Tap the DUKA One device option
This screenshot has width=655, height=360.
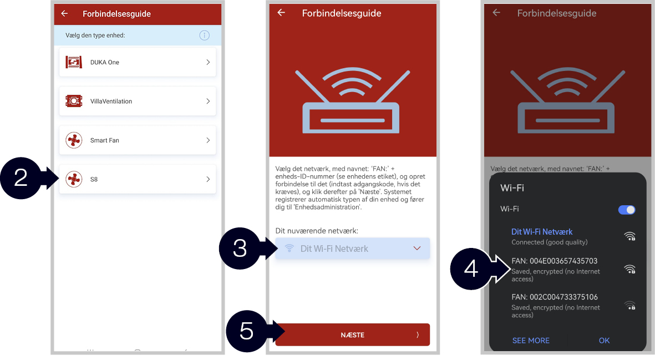[138, 62]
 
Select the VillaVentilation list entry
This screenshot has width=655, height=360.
[138, 101]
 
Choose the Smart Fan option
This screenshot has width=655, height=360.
[138, 140]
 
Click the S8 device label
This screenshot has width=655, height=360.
[94, 180]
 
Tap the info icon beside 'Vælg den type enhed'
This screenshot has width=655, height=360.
[204, 36]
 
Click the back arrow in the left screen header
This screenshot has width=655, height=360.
[64, 14]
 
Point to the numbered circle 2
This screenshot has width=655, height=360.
[21, 178]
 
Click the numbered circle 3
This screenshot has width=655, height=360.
[240, 249]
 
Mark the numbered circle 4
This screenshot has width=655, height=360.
[471, 269]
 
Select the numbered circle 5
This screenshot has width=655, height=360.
[246, 331]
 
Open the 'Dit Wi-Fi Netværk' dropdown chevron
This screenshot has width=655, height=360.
[417, 249]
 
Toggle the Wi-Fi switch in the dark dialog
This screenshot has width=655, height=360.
[627, 210]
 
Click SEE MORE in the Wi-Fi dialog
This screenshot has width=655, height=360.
[531, 341]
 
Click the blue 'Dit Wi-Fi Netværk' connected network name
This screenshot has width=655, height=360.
[542, 232]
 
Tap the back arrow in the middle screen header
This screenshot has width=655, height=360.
[281, 13]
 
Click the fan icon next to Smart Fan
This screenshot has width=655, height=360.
[74, 140]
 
